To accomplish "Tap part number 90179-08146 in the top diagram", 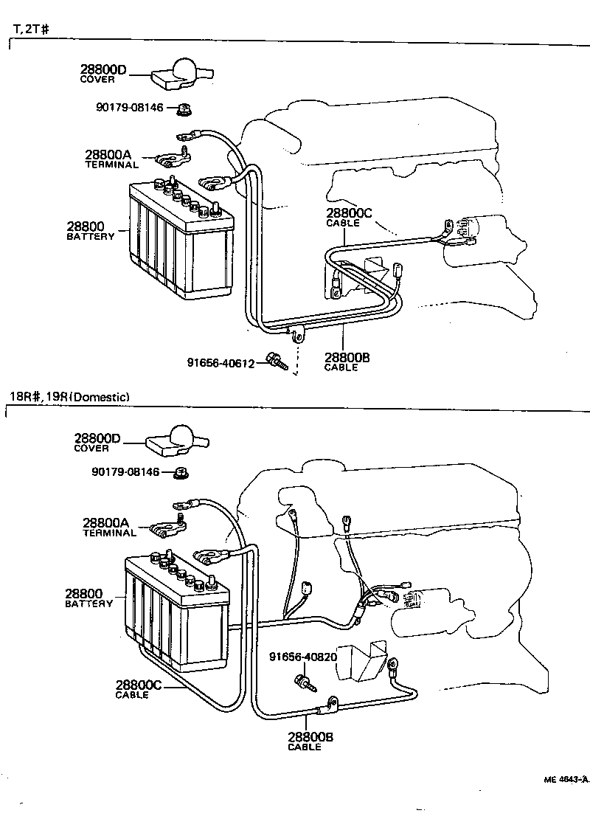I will tap(129, 108).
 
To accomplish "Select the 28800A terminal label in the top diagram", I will tap(108, 159).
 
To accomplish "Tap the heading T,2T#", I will tap(30, 30).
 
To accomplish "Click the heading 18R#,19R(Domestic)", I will tap(69, 397).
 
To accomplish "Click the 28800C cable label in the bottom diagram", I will tap(139, 688).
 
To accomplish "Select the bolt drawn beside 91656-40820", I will tap(306, 683).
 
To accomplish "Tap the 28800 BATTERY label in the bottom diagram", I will tap(88, 598).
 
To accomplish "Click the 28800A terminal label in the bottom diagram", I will tap(108, 527).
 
